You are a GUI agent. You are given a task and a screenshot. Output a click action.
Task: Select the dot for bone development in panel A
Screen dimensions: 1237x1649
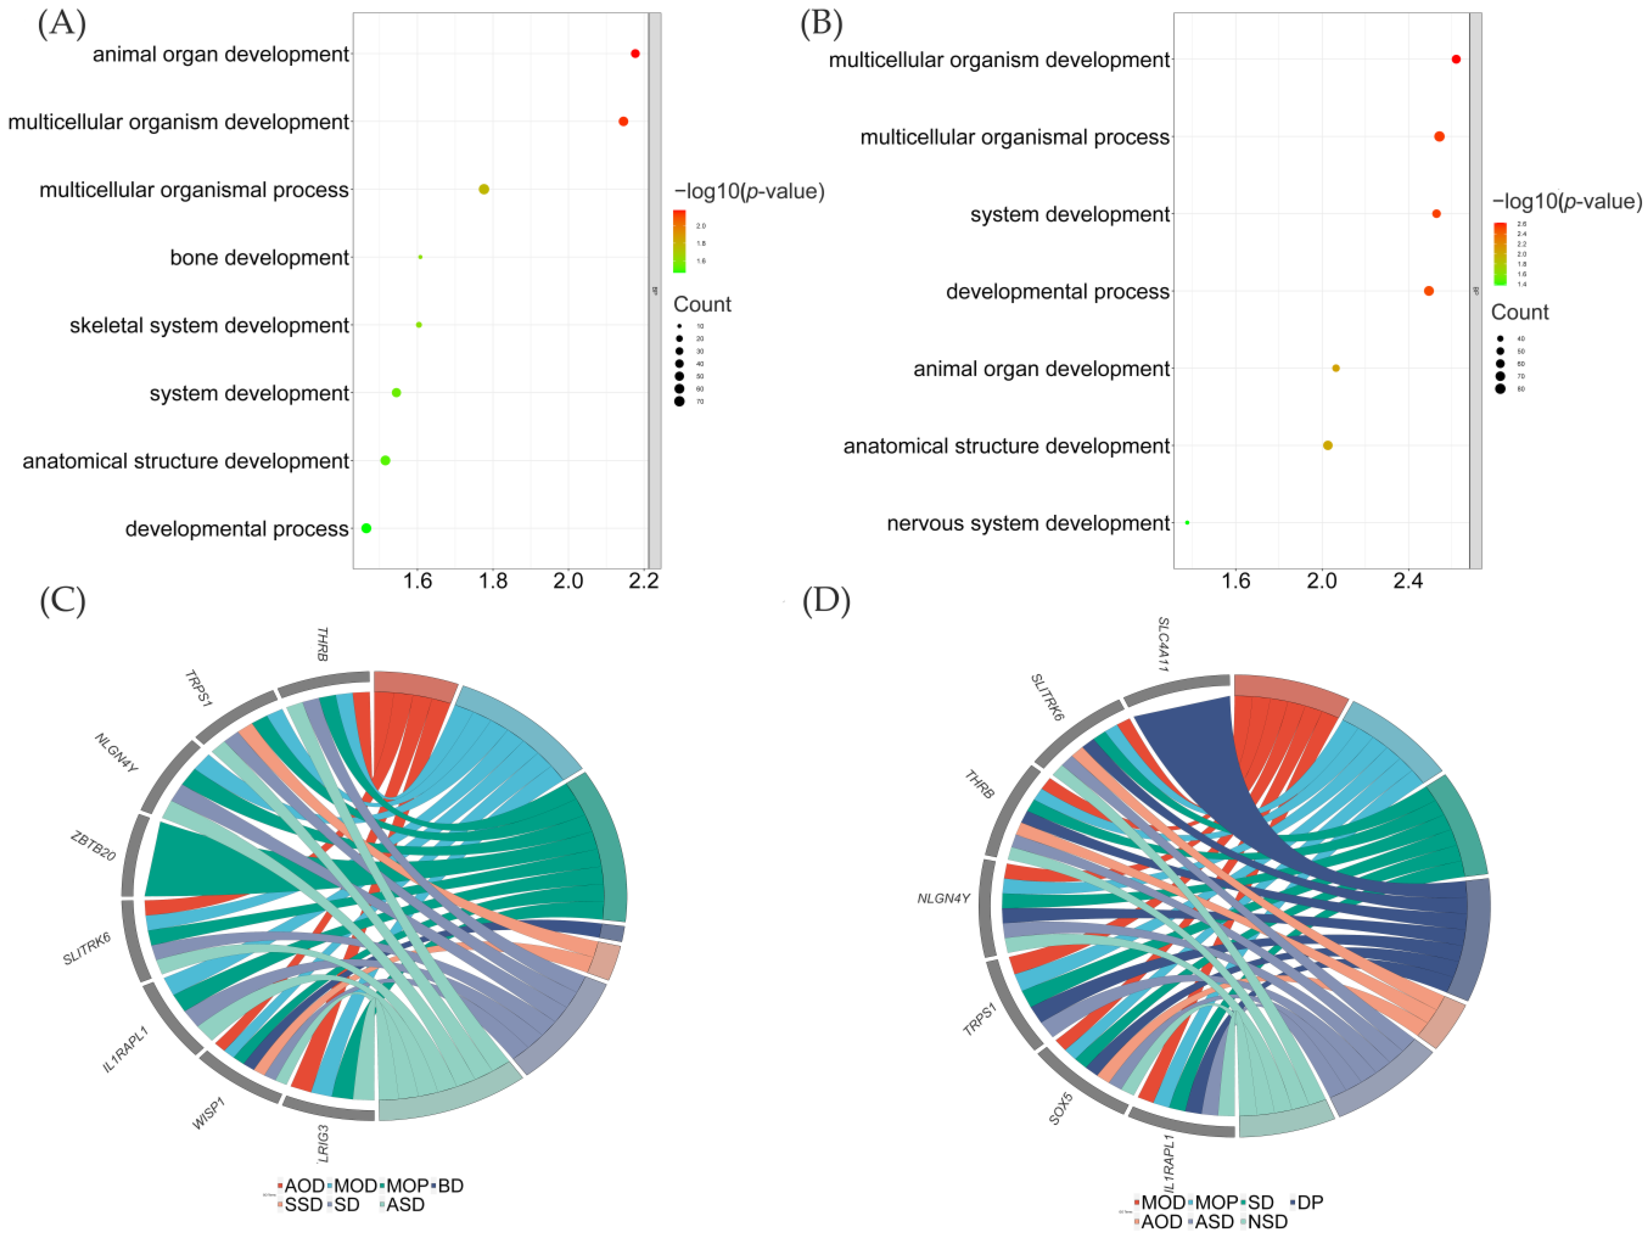420,257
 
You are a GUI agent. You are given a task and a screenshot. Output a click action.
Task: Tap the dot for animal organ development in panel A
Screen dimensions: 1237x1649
635,54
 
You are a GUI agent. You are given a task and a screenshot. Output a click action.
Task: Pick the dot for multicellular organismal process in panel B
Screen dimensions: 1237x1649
1439,136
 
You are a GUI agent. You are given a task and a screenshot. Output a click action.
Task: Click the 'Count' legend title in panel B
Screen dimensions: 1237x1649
1519,312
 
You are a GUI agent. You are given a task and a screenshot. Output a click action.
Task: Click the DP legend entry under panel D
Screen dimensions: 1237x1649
1310,1202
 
